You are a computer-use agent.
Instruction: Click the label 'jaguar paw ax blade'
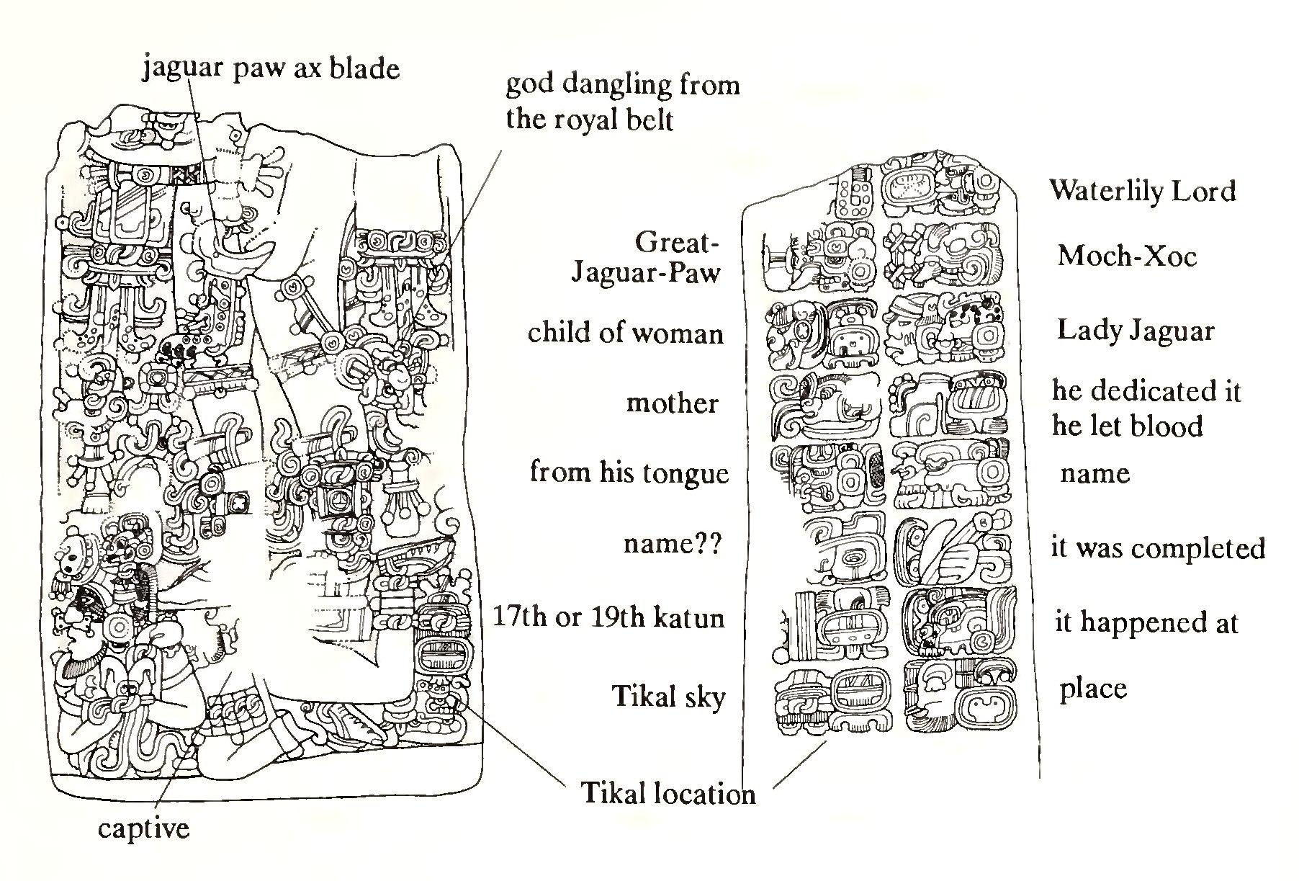pyautogui.click(x=271, y=68)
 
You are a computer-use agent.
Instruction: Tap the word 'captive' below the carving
pyautogui.click(x=144, y=828)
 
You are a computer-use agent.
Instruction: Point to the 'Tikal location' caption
pyautogui.click(x=668, y=793)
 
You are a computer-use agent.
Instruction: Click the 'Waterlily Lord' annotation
pyautogui.click(x=1142, y=191)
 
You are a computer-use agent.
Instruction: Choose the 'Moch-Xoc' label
pyautogui.click(x=1127, y=256)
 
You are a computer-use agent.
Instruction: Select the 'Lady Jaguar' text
pyautogui.click(x=1136, y=331)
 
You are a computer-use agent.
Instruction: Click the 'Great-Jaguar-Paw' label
pyautogui.click(x=646, y=258)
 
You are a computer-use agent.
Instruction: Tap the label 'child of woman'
pyautogui.click(x=625, y=333)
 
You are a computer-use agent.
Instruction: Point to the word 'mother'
pyautogui.click(x=673, y=403)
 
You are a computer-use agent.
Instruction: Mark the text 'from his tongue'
pyautogui.click(x=629, y=473)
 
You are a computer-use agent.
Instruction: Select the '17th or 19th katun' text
pyautogui.click(x=608, y=617)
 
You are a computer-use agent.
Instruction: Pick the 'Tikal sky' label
pyautogui.click(x=668, y=697)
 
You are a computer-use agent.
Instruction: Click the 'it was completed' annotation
pyautogui.click(x=1158, y=548)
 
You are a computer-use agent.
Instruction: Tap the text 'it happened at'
pyautogui.click(x=1146, y=622)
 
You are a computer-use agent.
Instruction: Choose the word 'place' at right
pyautogui.click(x=1093, y=689)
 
